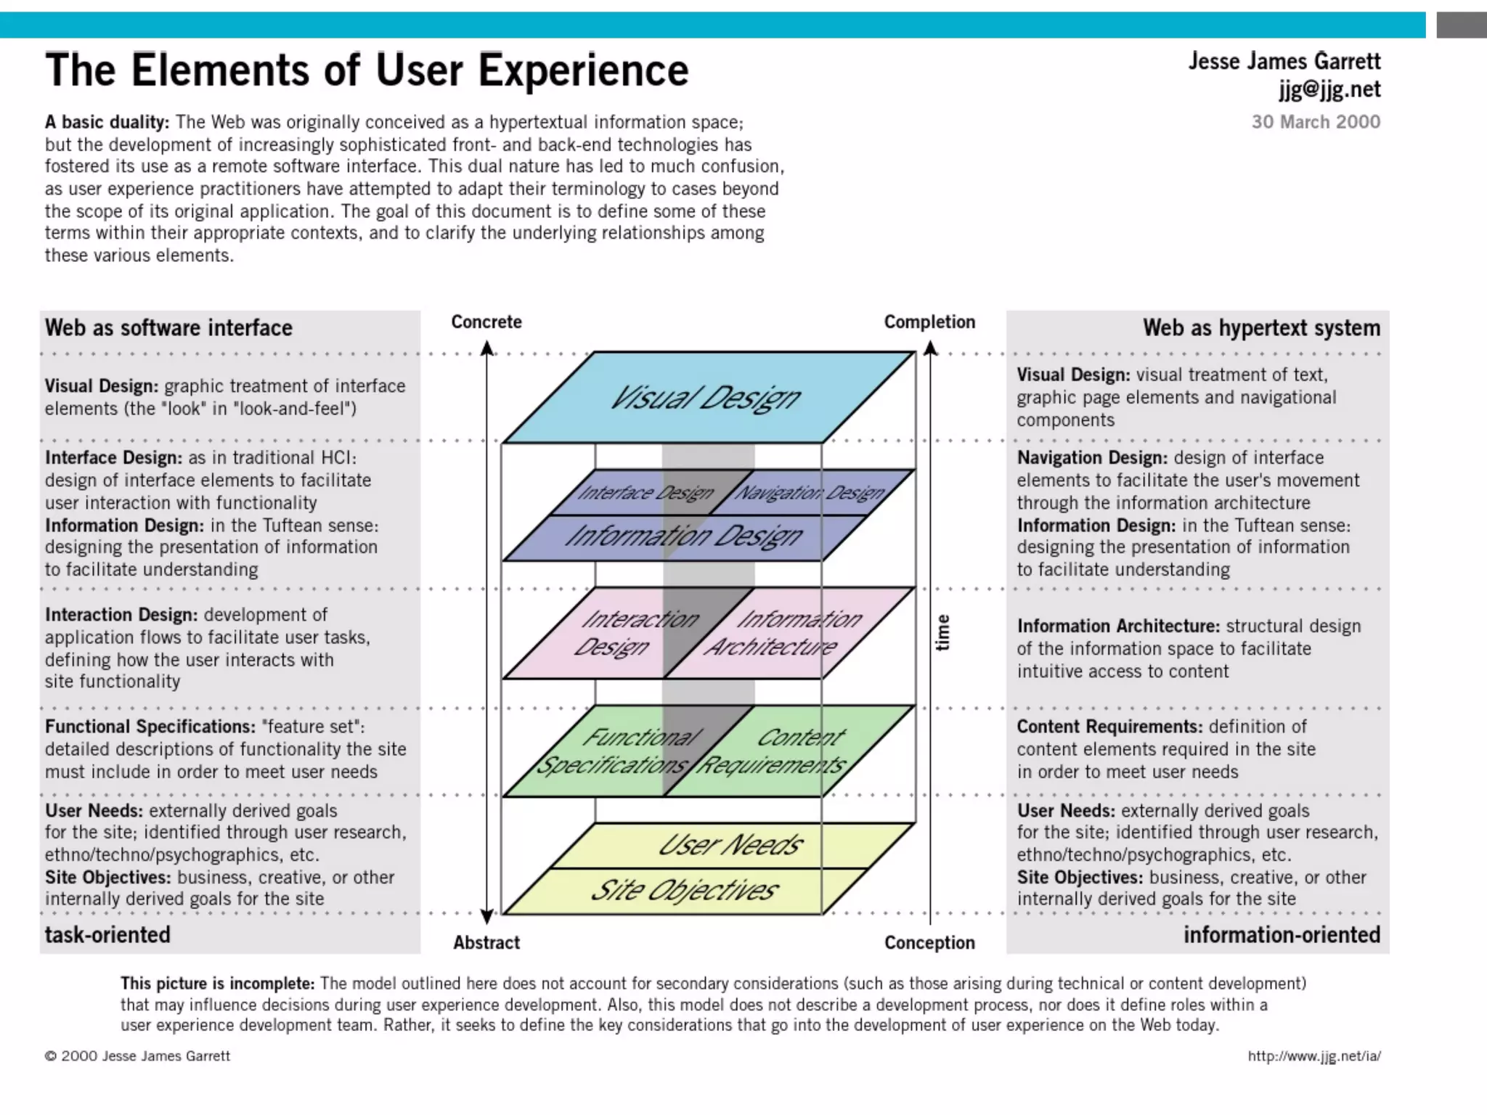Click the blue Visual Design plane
pyautogui.click(x=708, y=398)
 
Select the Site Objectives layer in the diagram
pyautogui.click(x=684, y=891)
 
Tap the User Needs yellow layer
pyautogui.click(x=730, y=845)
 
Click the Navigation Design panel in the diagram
pyautogui.click(x=810, y=493)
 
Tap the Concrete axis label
pyautogui.click(x=486, y=322)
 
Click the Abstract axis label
pyautogui.click(x=486, y=942)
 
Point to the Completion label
pyautogui.click(x=929, y=322)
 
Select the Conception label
pyautogui.click(x=929, y=942)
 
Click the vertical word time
pyautogui.click(x=942, y=632)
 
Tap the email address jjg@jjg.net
pyautogui.click(x=1329, y=89)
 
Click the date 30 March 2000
pyautogui.click(x=1316, y=122)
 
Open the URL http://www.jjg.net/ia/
pyautogui.click(x=1314, y=1056)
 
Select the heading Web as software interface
pyautogui.click(x=168, y=328)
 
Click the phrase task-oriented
pyautogui.click(x=107, y=934)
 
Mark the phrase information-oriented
pyautogui.click(x=1282, y=934)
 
